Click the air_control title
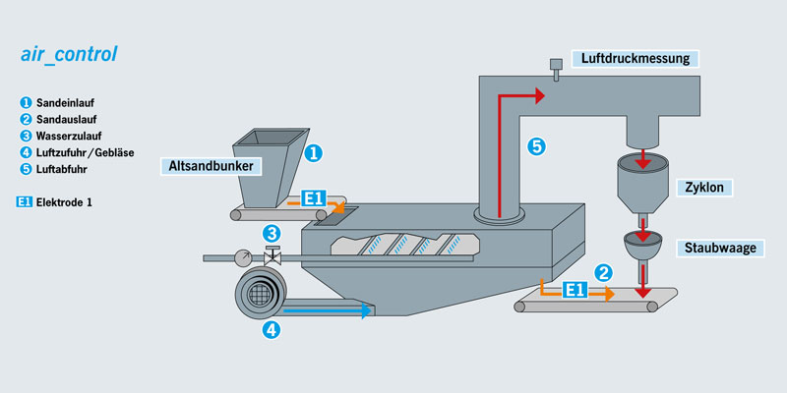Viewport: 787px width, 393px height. pos(69,55)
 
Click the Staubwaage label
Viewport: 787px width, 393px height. pos(721,248)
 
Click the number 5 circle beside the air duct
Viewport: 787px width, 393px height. pos(536,147)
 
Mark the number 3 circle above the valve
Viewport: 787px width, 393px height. pos(272,234)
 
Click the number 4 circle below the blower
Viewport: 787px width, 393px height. pos(271,330)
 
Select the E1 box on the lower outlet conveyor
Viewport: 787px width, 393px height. pos(575,290)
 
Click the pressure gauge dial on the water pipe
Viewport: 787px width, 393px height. pos(243,257)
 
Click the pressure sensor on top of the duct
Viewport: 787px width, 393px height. pos(557,70)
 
